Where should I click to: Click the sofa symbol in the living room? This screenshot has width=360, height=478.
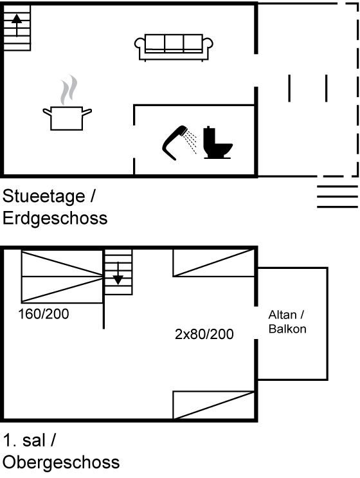pos(174,47)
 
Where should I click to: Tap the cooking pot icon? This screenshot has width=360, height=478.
pos(67,118)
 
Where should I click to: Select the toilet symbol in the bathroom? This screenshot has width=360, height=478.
pos(217,143)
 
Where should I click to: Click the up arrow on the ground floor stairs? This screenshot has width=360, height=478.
pos(17,26)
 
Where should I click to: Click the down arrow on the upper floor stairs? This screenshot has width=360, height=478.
pos(118,273)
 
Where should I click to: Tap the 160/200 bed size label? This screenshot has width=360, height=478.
pos(44,314)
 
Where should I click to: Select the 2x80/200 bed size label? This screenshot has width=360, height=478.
pos(204,335)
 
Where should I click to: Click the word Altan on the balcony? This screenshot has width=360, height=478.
pos(282,315)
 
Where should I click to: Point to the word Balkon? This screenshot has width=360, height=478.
pos(287,329)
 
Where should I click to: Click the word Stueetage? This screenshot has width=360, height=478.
pos(44,196)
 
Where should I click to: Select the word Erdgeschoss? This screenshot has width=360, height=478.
pos(55,219)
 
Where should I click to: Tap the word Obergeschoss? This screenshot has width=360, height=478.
pos(61,463)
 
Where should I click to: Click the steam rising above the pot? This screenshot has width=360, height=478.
pos(69,90)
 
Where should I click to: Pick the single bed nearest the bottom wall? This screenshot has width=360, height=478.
pos(214,405)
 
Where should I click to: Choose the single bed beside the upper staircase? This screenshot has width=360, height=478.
pos(214,263)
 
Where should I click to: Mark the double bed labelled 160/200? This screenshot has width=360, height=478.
pos(62,277)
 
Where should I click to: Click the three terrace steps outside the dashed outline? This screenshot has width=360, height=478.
pos(337,197)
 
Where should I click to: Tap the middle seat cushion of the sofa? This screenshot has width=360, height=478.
pos(174,42)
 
